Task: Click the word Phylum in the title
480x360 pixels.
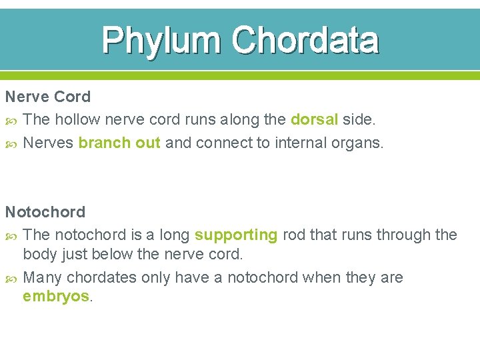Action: [162, 41]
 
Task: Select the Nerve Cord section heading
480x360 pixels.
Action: [48, 97]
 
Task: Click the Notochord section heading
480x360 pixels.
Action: [45, 212]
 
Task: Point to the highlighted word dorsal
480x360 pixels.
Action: [315, 119]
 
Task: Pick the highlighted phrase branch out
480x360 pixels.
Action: [119, 143]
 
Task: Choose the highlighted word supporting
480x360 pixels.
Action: [236, 235]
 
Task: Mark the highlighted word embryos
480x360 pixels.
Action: [57, 296]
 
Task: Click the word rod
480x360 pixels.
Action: [293, 235]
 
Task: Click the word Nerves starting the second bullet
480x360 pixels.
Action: [48, 143]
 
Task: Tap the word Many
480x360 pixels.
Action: [42, 277]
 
